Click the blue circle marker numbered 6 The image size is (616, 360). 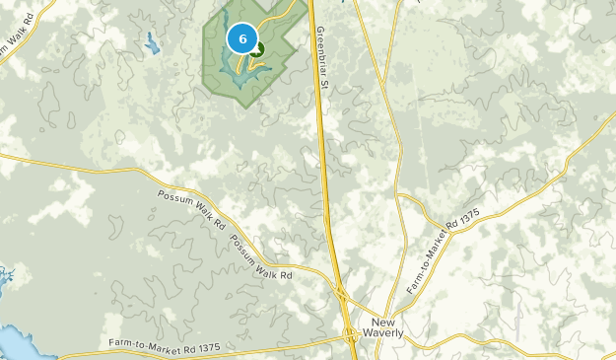click(242, 37)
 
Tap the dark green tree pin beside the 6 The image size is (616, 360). click(257, 46)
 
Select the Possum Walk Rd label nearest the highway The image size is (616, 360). click(262, 256)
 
